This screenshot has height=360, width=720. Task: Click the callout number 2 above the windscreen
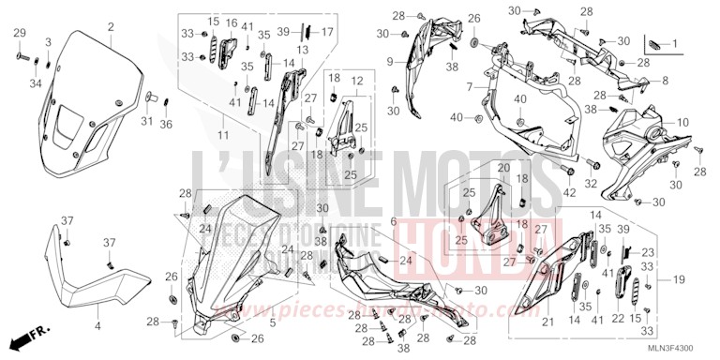pyautogui.click(x=111, y=25)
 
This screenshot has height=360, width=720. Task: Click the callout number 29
pyautogui.click(x=18, y=34)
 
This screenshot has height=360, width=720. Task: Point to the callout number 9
pyautogui.click(x=387, y=62)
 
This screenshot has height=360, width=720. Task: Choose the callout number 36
pyautogui.click(x=166, y=124)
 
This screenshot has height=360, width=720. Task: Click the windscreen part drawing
pyautogui.click(x=89, y=103)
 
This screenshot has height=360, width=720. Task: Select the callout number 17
pyautogui.click(x=328, y=32)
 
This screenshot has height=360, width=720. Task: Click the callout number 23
pyautogui.click(x=647, y=252)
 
